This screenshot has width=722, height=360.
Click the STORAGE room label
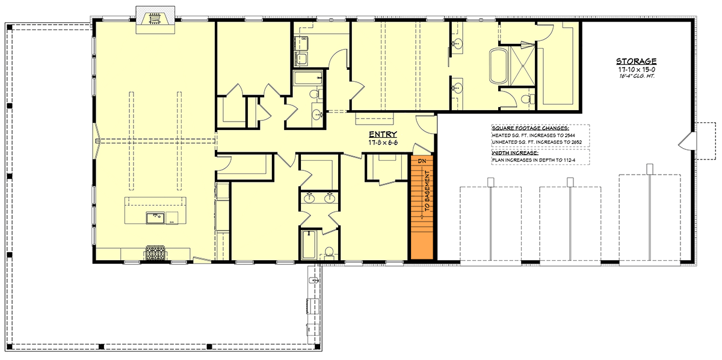tap(635, 61)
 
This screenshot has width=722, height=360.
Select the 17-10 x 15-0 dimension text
tap(635, 69)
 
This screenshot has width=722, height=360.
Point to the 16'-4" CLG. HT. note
tap(635, 76)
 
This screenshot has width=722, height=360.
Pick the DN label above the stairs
tap(422, 161)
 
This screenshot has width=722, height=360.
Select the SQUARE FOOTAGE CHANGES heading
tap(522, 128)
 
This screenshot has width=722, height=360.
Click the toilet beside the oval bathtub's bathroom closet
tap(528, 99)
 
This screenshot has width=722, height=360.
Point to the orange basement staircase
tap(422, 208)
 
